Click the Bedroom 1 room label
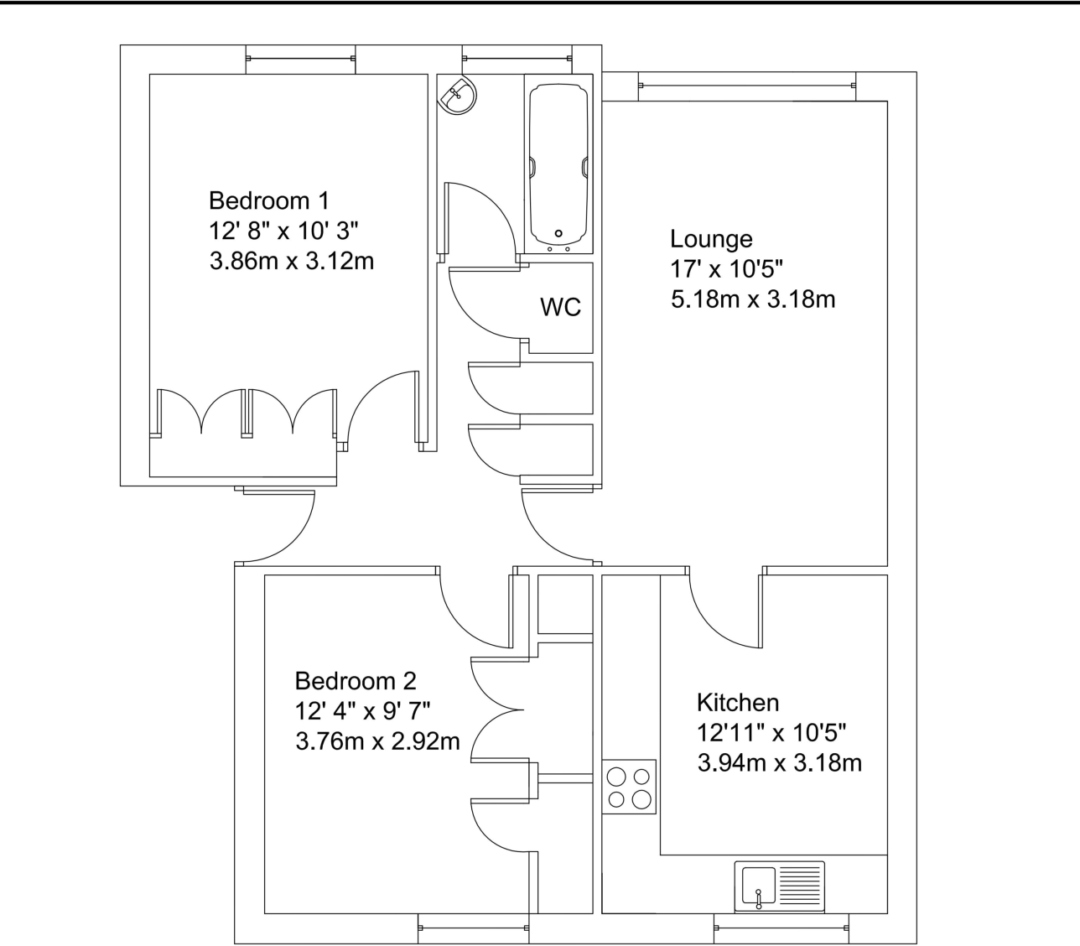(268, 201)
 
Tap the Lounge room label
(711, 240)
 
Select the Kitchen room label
(738, 702)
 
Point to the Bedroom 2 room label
(356, 680)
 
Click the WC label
(560, 307)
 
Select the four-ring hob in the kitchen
(629, 787)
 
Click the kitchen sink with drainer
(779, 887)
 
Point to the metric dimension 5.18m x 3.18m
(753, 299)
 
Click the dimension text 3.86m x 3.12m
(292, 262)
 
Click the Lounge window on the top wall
(746, 85)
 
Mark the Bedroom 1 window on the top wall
(300, 58)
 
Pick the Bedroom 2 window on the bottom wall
(473, 928)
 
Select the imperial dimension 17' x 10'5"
(726, 269)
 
